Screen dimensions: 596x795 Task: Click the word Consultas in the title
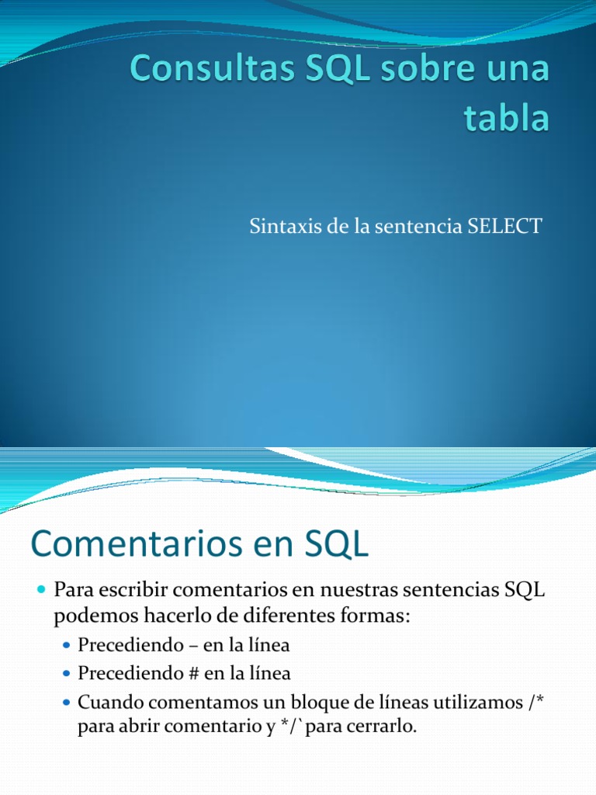point(213,68)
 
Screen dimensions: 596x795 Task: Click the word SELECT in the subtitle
point(504,226)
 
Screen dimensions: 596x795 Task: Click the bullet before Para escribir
point(42,589)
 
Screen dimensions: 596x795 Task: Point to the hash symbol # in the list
point(192,673)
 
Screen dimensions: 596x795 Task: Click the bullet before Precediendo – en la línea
point(67,645)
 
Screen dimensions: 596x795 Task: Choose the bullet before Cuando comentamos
point(67,703)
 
